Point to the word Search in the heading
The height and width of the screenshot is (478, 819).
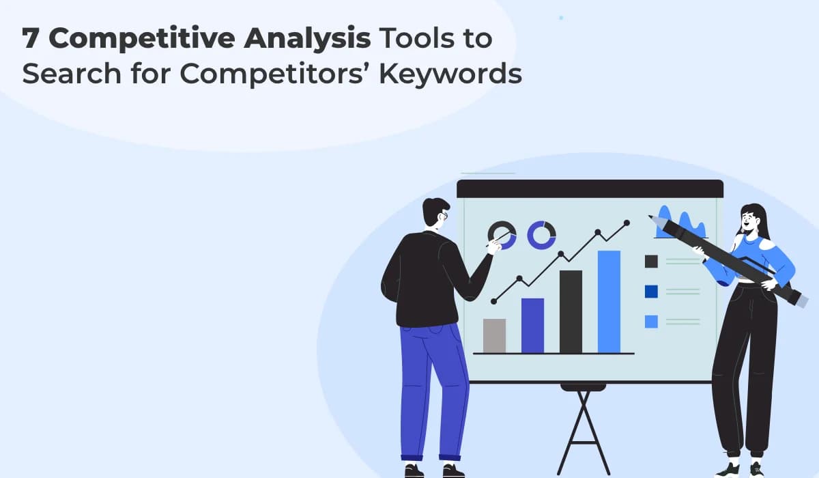65,74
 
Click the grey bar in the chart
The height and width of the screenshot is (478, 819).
494,335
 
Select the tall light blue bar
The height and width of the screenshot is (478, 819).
609,301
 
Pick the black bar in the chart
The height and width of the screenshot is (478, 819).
571,311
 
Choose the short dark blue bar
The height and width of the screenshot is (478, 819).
532,325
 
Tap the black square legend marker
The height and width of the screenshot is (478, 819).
651,261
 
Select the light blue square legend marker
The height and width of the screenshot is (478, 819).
651,321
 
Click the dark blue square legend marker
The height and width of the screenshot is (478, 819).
651,292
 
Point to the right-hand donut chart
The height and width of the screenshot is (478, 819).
541,234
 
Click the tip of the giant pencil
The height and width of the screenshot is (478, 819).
652,219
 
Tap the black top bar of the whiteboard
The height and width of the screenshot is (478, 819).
590,188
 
